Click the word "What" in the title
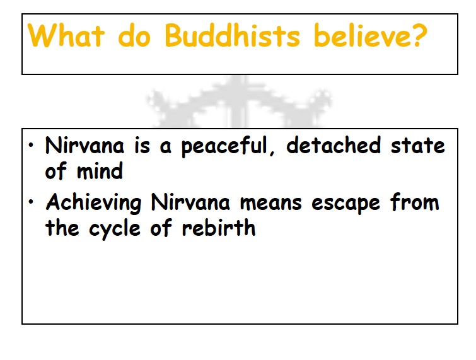point(66,35)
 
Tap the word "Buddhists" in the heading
point(233,35)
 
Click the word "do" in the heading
point(134,36)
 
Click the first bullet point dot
point(31,146)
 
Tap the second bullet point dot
point(31,202)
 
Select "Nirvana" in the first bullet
point(84,145)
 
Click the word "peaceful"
point(224,146)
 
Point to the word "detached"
point(334,145)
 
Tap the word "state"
point(418,146)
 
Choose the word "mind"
point(100,171)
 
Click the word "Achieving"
point(93,203)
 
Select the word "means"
point(271,204)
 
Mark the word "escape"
point(345,204)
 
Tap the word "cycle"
point(115,229)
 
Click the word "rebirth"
point(219,227)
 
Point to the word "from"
point(415,202)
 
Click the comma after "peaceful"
point(271,153)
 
